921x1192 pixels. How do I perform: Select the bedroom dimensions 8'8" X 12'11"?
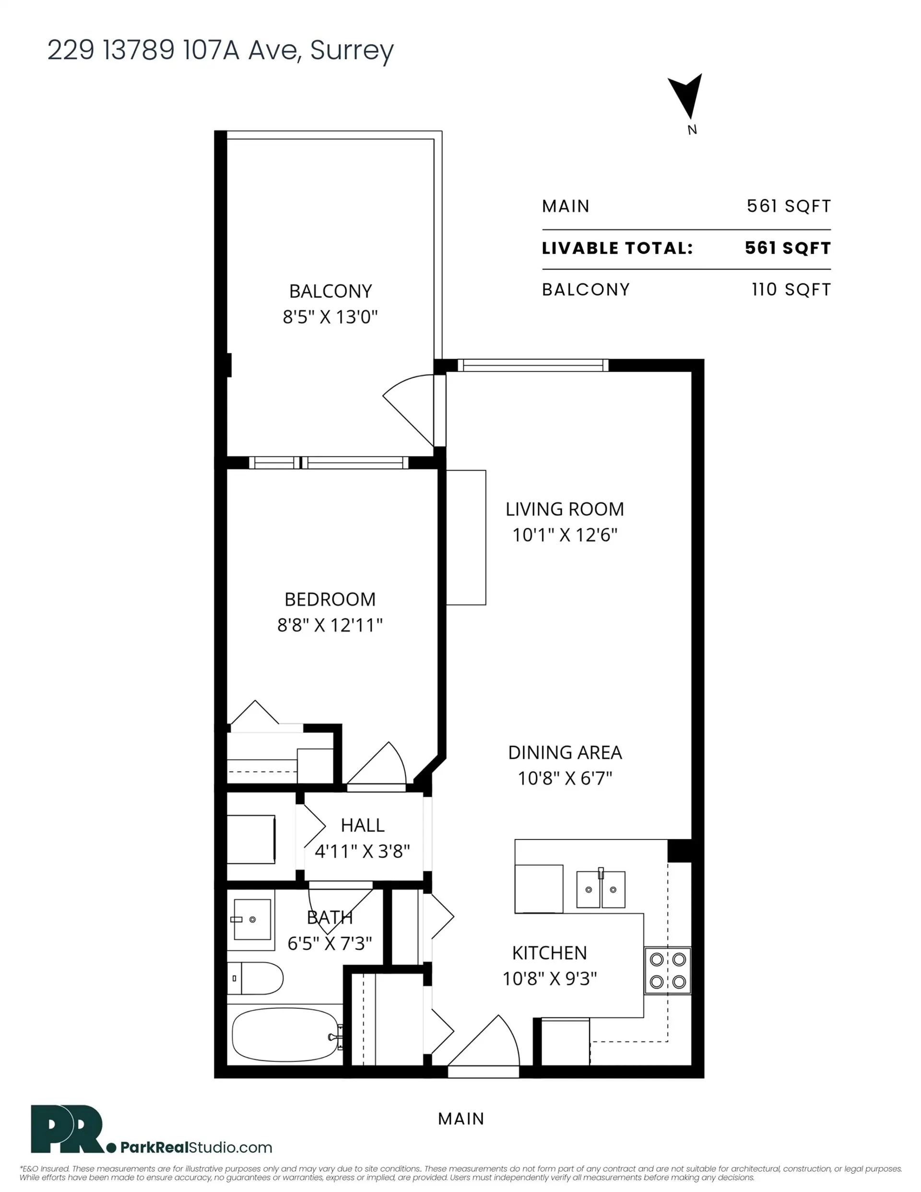(x=330, y=625)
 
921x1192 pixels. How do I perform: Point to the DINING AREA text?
(x=565, y=752)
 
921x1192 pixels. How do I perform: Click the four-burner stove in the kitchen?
(x=667, y=970)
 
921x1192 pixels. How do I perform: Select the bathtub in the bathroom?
(x=285, y=1034)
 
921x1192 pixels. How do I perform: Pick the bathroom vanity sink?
(x=252, y=920)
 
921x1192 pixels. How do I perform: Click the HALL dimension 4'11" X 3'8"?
(x=362, y=851)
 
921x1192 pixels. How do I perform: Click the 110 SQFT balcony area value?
(x=791, y=289)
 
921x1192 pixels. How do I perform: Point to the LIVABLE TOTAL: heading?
(x=617, y=248)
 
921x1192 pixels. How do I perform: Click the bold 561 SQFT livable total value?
(x=787, y=248)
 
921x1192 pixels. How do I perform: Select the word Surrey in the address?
(x=352, y=51)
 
